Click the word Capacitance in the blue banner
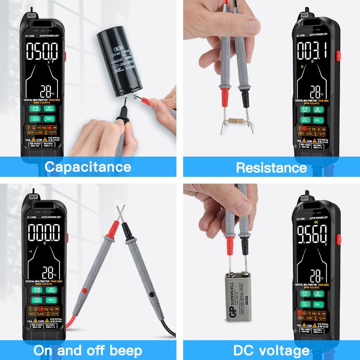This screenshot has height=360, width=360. (88, 167)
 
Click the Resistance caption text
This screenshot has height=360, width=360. (271, 168)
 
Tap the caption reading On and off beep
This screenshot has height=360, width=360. (88, 351)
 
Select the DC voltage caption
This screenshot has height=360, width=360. (271, 351)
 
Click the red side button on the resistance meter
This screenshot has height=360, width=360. (338, 56)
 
